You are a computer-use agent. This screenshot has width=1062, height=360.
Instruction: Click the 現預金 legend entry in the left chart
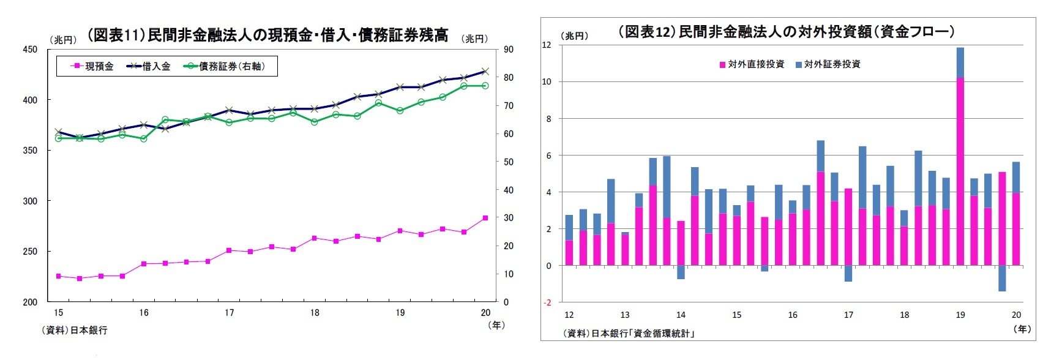coord(92,66)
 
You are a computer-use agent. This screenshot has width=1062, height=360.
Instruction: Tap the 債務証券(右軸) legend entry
coord(225,66)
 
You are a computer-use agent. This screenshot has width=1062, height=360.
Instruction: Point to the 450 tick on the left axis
coord(30,50)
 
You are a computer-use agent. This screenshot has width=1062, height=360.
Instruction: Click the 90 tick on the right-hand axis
coord(509,50)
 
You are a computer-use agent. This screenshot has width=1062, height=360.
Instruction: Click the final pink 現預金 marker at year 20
coord(485,218)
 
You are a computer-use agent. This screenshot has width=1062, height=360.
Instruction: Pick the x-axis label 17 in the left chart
coord(229,313)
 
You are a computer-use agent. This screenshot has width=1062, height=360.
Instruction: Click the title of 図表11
coord(267,35)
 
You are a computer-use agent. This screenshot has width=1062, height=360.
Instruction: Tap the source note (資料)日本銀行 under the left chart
coord(74,330)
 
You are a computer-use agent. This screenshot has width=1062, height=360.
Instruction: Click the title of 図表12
coord(786,32)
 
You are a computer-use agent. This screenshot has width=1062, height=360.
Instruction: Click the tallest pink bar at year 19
coord(960,171)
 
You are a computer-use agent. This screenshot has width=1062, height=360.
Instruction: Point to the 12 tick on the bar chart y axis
coord(547,45)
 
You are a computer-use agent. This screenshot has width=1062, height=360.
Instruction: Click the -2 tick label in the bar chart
coord(547,302)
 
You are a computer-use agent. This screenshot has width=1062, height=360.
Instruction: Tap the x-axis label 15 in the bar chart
coord(736,315)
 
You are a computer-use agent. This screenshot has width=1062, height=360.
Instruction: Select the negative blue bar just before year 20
coord(1002,279)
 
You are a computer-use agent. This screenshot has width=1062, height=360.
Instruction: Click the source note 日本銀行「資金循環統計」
coord(629,334)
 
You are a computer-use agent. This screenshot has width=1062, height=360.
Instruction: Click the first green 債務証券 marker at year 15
coord(59,138)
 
